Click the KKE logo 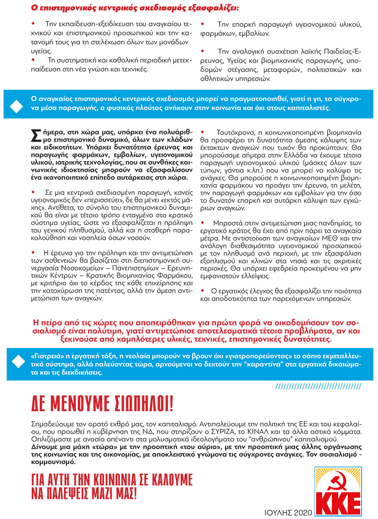coord(338,491)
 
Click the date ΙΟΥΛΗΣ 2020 coord(288,512)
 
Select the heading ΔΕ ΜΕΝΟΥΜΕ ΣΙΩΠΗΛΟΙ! coord(102,403)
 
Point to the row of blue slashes coord(318,386)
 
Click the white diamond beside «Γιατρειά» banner coord(18,361)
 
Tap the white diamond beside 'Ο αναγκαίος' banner coord(16,106)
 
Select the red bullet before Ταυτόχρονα coord(203,132)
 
